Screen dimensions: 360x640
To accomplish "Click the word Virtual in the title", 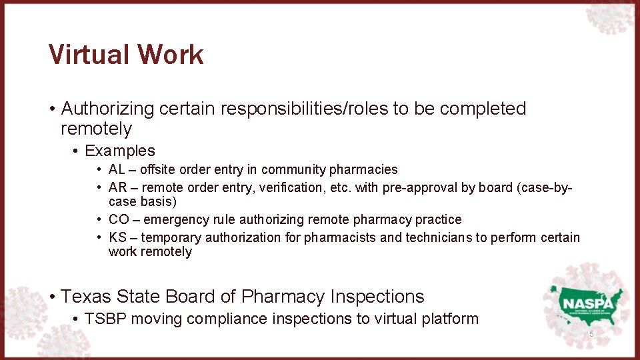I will (x=85, y=55).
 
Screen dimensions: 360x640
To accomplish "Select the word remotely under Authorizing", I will (x=96, y=128).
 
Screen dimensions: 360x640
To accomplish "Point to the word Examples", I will (x=120, y=151).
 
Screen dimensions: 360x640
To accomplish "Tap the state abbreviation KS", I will (x=117, y=237).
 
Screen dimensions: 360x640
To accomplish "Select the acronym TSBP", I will (x=105, y=319).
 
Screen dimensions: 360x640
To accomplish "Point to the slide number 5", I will (x=591, y=333).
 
